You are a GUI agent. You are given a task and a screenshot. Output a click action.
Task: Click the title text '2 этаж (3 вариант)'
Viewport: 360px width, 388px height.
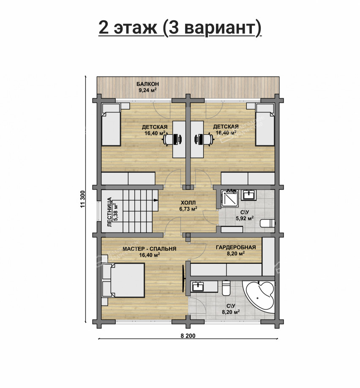[180, 27]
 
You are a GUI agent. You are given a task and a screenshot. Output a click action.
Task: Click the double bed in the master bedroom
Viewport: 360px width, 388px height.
[123, 280]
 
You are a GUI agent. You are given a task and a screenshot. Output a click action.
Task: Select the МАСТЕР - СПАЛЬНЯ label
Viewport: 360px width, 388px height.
[149, 249]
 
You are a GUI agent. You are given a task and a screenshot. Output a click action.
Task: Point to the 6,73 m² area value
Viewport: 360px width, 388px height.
[188, 209]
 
